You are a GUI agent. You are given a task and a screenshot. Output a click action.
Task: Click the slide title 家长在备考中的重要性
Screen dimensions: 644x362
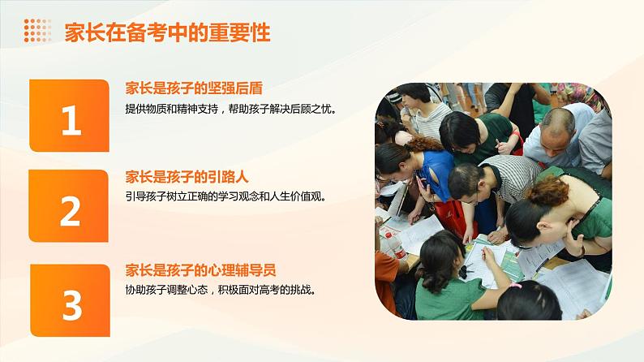click(168, 32)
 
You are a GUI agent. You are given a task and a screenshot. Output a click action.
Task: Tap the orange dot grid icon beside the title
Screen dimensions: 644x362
click(37, 30)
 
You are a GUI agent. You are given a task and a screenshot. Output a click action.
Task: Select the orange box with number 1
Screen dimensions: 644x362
click(69, 115)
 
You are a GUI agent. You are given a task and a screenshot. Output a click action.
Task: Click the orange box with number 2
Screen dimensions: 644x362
click(69, 206)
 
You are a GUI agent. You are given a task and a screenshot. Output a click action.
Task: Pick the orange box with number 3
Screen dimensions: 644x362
click(71, 300)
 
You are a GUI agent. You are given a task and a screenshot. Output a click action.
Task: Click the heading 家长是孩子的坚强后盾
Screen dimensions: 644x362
click(194, 88)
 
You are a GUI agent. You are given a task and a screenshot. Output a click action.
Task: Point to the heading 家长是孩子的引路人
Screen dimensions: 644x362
click(187, 177)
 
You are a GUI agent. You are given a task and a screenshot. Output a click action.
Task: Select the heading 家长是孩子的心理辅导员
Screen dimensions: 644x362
click(200, 270)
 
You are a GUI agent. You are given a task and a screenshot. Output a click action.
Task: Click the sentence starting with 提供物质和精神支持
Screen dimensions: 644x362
click(230, 110)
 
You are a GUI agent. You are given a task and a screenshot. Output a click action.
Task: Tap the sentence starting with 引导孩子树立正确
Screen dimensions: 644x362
click(225, 196)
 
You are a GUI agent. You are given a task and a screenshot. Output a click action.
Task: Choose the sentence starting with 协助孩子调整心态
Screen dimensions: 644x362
click(221, 290)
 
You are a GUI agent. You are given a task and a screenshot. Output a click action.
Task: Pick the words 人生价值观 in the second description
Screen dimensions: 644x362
click(295, 196)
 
